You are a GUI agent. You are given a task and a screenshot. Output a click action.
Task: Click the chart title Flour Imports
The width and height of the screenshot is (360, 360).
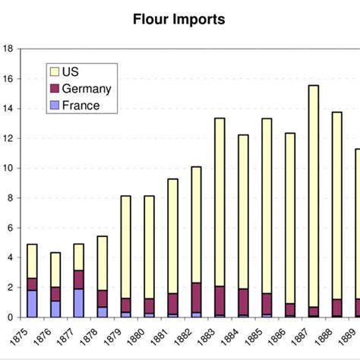(178, 20)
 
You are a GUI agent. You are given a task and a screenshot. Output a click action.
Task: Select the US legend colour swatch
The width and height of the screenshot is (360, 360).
(53, 72)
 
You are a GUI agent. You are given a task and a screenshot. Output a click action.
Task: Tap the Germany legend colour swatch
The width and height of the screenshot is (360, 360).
(53, 89)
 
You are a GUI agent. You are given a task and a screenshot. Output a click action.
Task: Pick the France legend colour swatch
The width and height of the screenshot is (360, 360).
(53, 106)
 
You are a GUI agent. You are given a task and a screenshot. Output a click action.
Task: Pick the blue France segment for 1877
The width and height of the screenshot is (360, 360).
(78, 303)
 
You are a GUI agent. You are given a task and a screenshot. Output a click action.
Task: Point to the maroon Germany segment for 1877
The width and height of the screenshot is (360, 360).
(78, 279)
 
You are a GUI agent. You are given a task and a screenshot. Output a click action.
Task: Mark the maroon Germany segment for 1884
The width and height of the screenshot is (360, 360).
(243, 302)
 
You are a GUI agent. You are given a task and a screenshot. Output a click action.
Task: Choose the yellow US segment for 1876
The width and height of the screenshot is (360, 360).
(55, 270)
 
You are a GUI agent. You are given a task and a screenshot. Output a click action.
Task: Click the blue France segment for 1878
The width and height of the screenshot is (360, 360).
(102, 312)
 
